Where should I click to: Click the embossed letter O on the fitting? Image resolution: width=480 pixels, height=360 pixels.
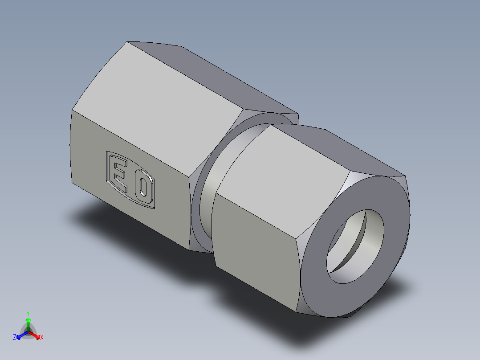[x=143, y=188]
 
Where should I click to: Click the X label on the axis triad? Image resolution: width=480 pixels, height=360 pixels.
[x=42, y=338]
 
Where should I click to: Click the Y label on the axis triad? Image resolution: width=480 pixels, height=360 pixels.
[x=28, y=313]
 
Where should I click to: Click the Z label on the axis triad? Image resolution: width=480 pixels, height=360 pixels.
[x=15, y=338]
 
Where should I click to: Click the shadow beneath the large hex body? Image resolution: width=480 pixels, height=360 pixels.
[x=111, y=223]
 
